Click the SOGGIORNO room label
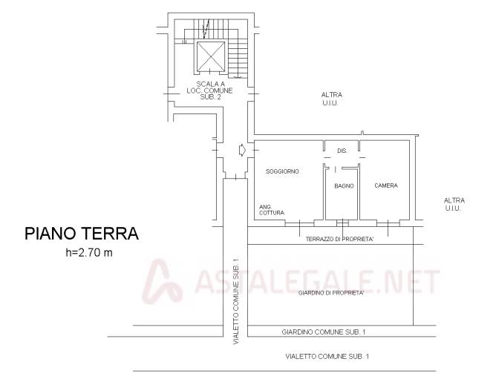pyautogui.click(x=282, y=171)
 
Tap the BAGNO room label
pyautogui.click(x=344, y=186)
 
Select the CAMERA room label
pyautogui.click(x=386, y=185)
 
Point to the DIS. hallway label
pyautogui.click(x=342, y=151)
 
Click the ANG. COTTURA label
pyautogui.click(x=272, y=210)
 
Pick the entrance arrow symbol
pyautogui.click(x=242, y=150)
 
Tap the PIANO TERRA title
pyautogui.click(x=82, y=234)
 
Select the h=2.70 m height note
pyautogui.click(x=89, y=252)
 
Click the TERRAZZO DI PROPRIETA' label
pyautogui.click(x=340, y=239)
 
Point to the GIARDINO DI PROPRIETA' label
pyautogui.click(x=331, y=293)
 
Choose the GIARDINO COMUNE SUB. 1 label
pyautogui.click(x=324, y=332)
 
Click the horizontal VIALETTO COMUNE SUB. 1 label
pyautogui.click(x=327, y=356)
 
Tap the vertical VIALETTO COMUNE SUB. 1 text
pyautogui.click(x=235, y=301)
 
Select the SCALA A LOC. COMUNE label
pyautogui.click(x=209, y=90)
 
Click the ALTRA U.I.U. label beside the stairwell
pyautogui.click(x=331, y=99)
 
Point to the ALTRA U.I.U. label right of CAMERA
pyautogui.click(x=454, y=204)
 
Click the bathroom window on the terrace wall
pyautogui.click(x=342, y=223)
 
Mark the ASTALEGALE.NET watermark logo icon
pyautogui.click(x=162, y=281)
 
